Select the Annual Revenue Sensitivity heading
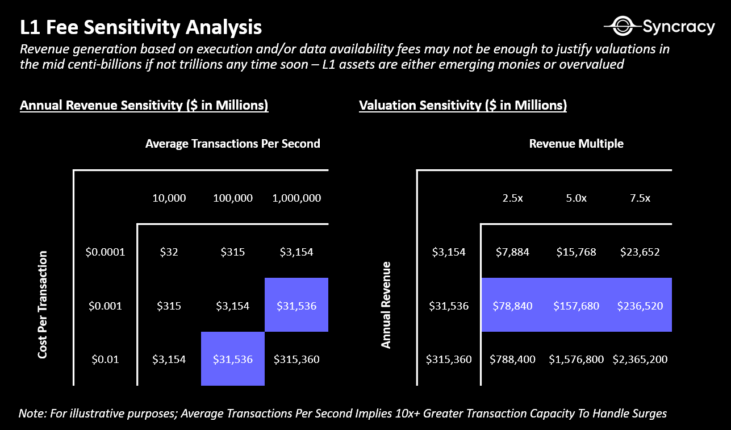pos(144,105)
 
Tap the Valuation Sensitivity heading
pos(463,105)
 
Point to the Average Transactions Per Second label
pos(233,144)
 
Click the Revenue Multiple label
pos(576,144)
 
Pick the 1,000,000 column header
pos(296,198)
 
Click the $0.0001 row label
pos(105,252)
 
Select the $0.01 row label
pos(105,359)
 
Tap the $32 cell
pos(169,252)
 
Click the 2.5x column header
pos(512,198)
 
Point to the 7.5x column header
pos(640,198)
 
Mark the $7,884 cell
pos(513,252)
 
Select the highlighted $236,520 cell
pos(640,306)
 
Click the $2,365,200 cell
pos(640,359)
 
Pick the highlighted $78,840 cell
pos(513,306)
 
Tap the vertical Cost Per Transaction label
pos(43,304)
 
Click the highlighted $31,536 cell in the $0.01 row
pos(233,359)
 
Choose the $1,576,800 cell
pos(576,359)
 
